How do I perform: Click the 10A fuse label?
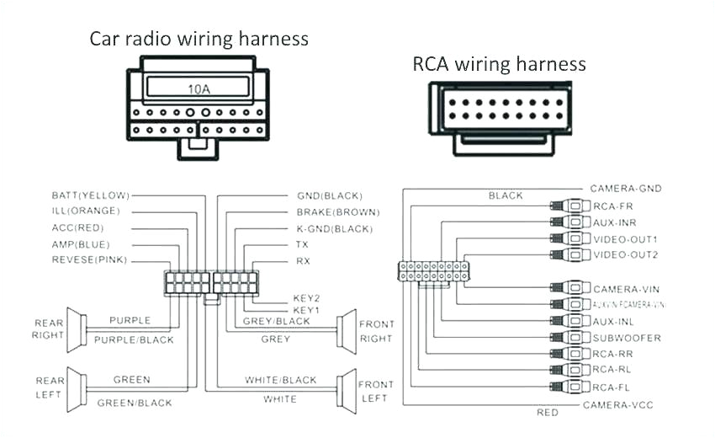coord(199,88)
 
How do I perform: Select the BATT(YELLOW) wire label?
coord(90,195)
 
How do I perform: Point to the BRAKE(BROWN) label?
coord(337,211)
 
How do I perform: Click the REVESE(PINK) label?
coord(89,260)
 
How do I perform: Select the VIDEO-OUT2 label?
coord(626,254)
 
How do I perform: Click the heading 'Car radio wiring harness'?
coord(199,39)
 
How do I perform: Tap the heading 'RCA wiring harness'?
coord(499,64)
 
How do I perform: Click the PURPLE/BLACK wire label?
coord(133,339)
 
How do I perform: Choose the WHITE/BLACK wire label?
coord(281,381)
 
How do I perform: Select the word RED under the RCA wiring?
coord(548,413)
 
